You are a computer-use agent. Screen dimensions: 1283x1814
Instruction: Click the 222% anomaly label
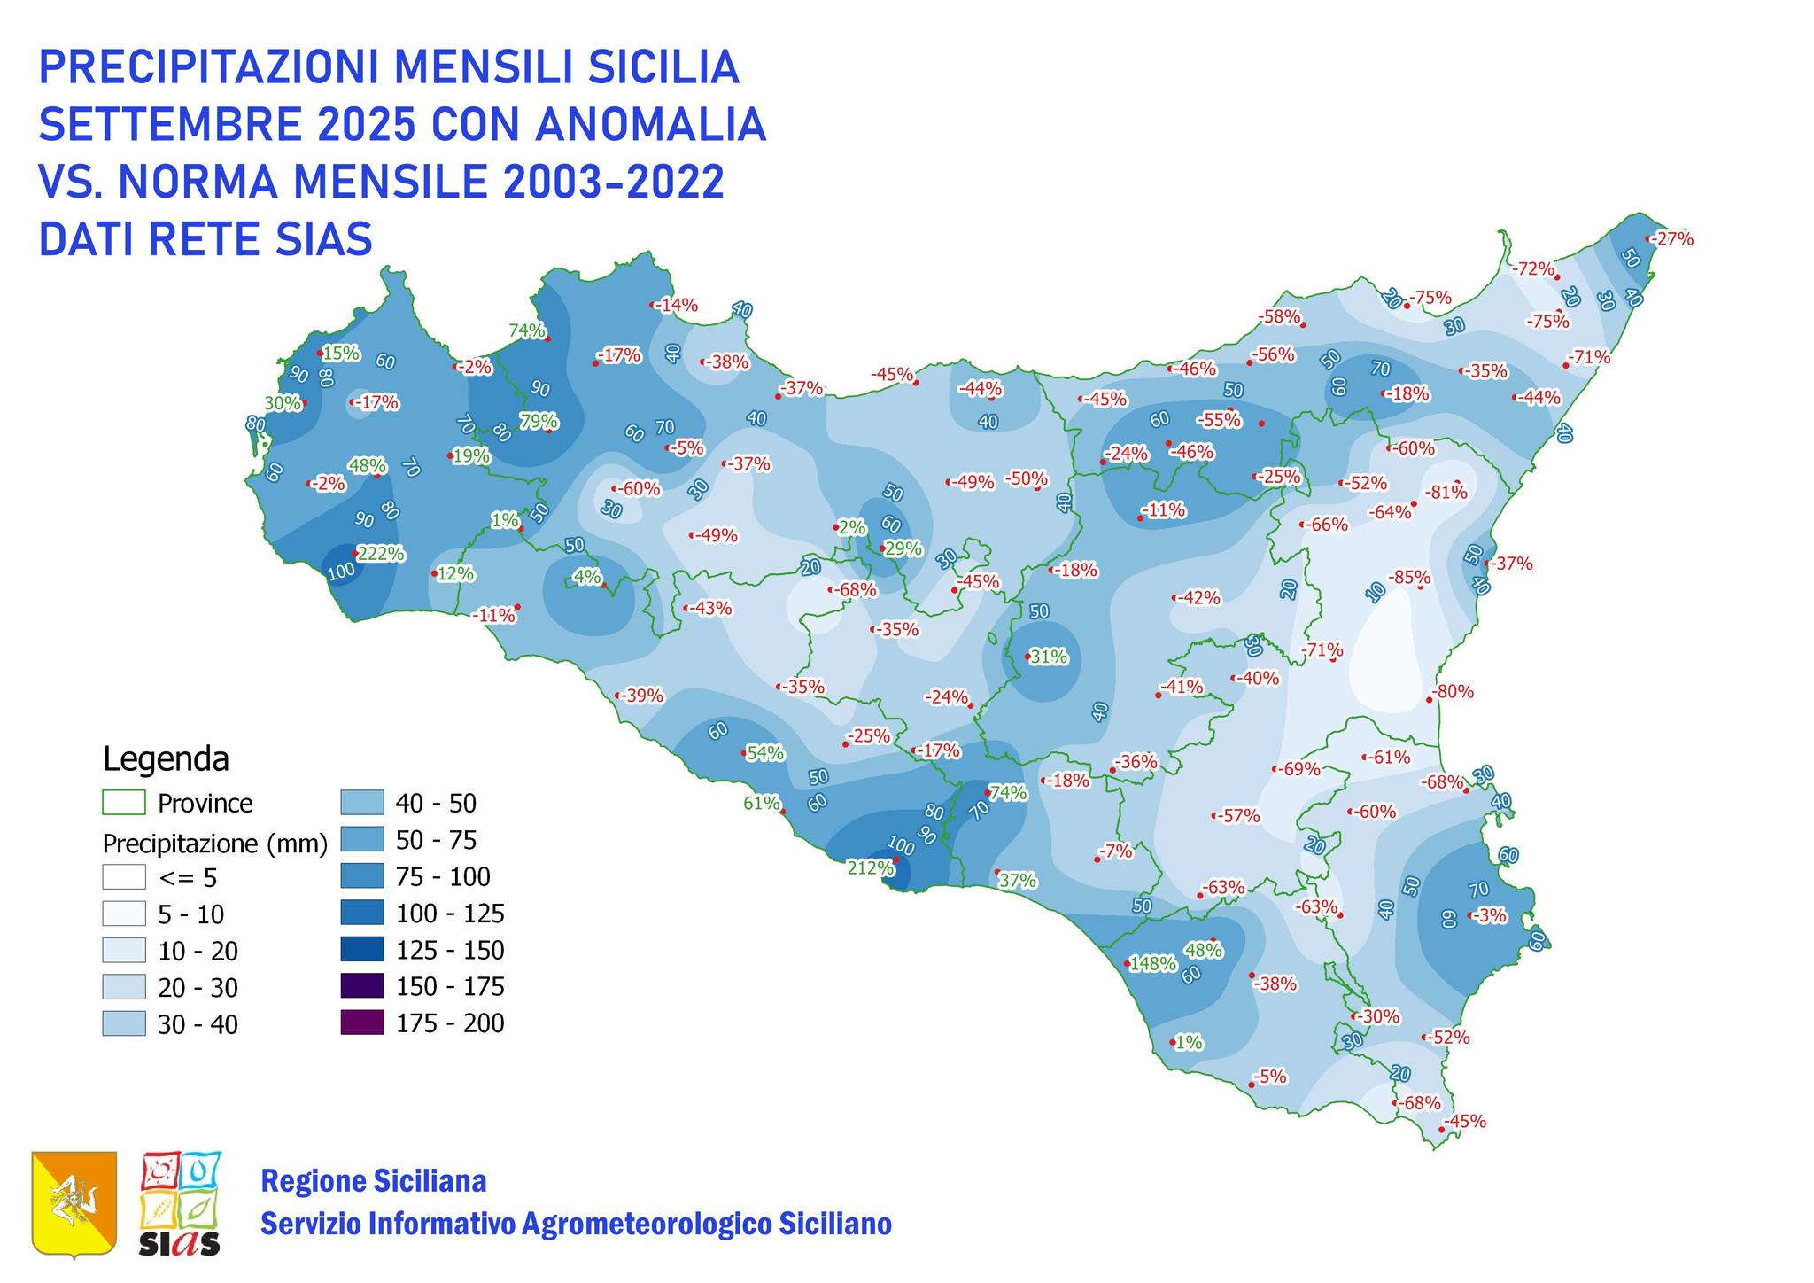pos(381,554)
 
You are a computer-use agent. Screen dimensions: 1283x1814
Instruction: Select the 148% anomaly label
pos(1152,963)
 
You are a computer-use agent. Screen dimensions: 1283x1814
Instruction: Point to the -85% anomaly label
pos(1409,578)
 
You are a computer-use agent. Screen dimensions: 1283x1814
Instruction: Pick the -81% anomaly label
pos(1446,492)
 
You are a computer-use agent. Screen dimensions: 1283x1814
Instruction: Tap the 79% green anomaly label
pos(539,421)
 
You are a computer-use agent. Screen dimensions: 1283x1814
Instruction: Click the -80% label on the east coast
pos(1453,691)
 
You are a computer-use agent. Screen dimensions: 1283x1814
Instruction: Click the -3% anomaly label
pos(1491,915)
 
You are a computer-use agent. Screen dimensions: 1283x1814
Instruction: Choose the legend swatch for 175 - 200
pos(361,1023)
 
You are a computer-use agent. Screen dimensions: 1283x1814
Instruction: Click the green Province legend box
pos(123,803)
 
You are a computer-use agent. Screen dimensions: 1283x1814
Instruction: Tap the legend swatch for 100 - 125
pos(361,913)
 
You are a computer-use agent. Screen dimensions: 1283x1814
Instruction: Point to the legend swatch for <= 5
pos(123,877)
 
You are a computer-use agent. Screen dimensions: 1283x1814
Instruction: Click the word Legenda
pos(166,759)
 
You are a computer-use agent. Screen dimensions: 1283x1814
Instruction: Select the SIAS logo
pos(181,1203)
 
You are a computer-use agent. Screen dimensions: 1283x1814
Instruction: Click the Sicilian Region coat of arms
pos(74,1203)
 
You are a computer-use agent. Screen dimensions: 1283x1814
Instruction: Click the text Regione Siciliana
pos(373,1181)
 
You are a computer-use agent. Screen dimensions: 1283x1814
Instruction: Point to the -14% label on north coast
pos(678,306)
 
